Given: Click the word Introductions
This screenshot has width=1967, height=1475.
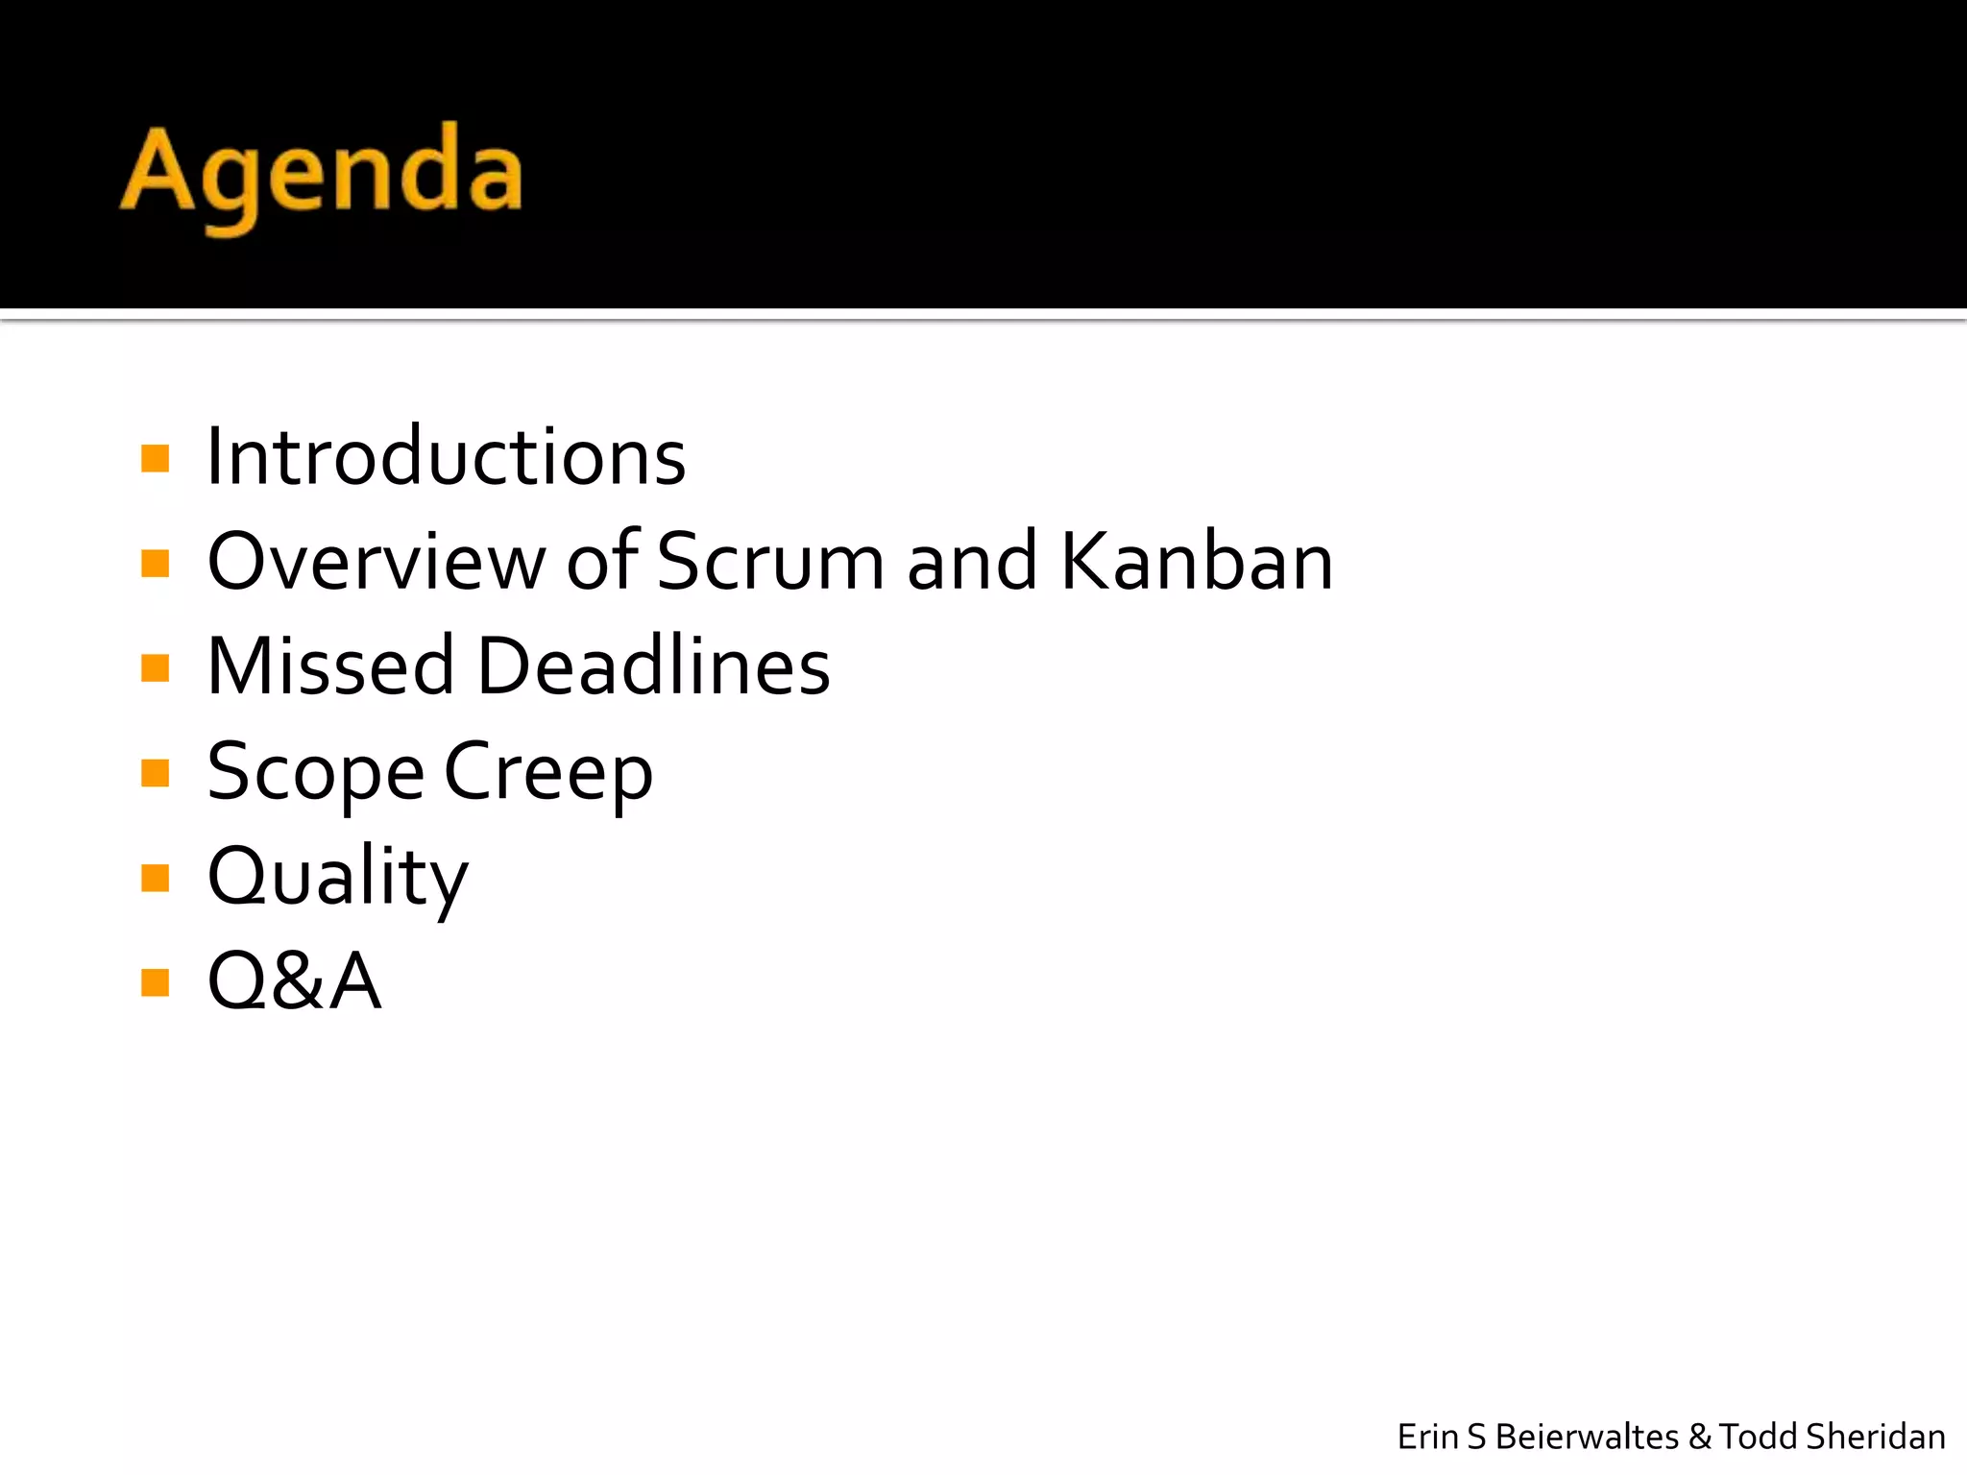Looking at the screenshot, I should click(x=447, y=457).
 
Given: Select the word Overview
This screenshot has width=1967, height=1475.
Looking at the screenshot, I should click(x=376, y=562).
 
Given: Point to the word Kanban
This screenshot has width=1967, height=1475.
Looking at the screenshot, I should click(x=1197, y=562).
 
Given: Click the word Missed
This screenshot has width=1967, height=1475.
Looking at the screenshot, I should click(x=330, y=666).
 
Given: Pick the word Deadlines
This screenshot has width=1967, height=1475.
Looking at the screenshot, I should click(x=653, y=666).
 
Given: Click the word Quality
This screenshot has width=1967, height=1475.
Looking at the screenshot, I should click(x=338, y=878).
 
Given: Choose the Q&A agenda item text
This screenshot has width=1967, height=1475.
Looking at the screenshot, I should click(x=295, y=982).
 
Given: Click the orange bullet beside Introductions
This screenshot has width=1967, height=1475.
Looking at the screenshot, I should click(x=155, y=458).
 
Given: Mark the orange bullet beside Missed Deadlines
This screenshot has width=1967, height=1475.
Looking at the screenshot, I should click(x=155, y=667).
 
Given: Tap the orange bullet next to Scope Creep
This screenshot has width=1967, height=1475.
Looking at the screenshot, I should click(x=155, y=772).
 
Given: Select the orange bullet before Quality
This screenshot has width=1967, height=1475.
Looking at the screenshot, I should click(x=155, y=878).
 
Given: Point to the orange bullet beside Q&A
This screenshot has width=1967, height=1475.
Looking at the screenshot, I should click(x=155, y=982).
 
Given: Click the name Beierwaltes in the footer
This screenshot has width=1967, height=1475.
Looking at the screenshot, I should click(x=1587, y=1437).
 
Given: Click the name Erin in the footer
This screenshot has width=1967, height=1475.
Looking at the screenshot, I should click(x=1427, y=1437).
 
